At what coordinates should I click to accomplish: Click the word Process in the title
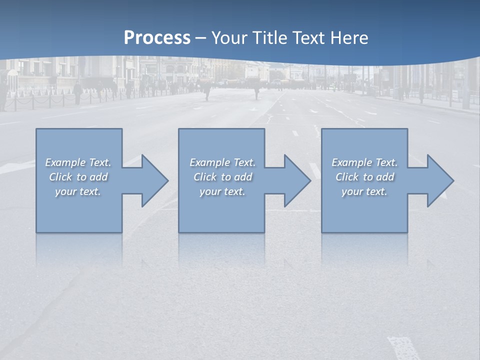(157, 38)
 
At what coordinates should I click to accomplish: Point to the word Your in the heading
(230, 38)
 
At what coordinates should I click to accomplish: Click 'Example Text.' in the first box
(78, 162)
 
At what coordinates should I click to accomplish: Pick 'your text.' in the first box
(78, 191)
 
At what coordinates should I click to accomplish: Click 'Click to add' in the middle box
(222, 177)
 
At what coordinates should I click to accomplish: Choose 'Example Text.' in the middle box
(222, 162)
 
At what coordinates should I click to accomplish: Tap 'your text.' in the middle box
(222, 191)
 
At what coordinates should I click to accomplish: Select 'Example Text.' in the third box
(364, 162)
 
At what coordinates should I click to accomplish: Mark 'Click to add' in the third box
(364, 177)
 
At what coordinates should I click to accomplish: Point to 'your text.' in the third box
(364, 191)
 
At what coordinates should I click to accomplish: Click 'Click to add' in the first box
(78, 177)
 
